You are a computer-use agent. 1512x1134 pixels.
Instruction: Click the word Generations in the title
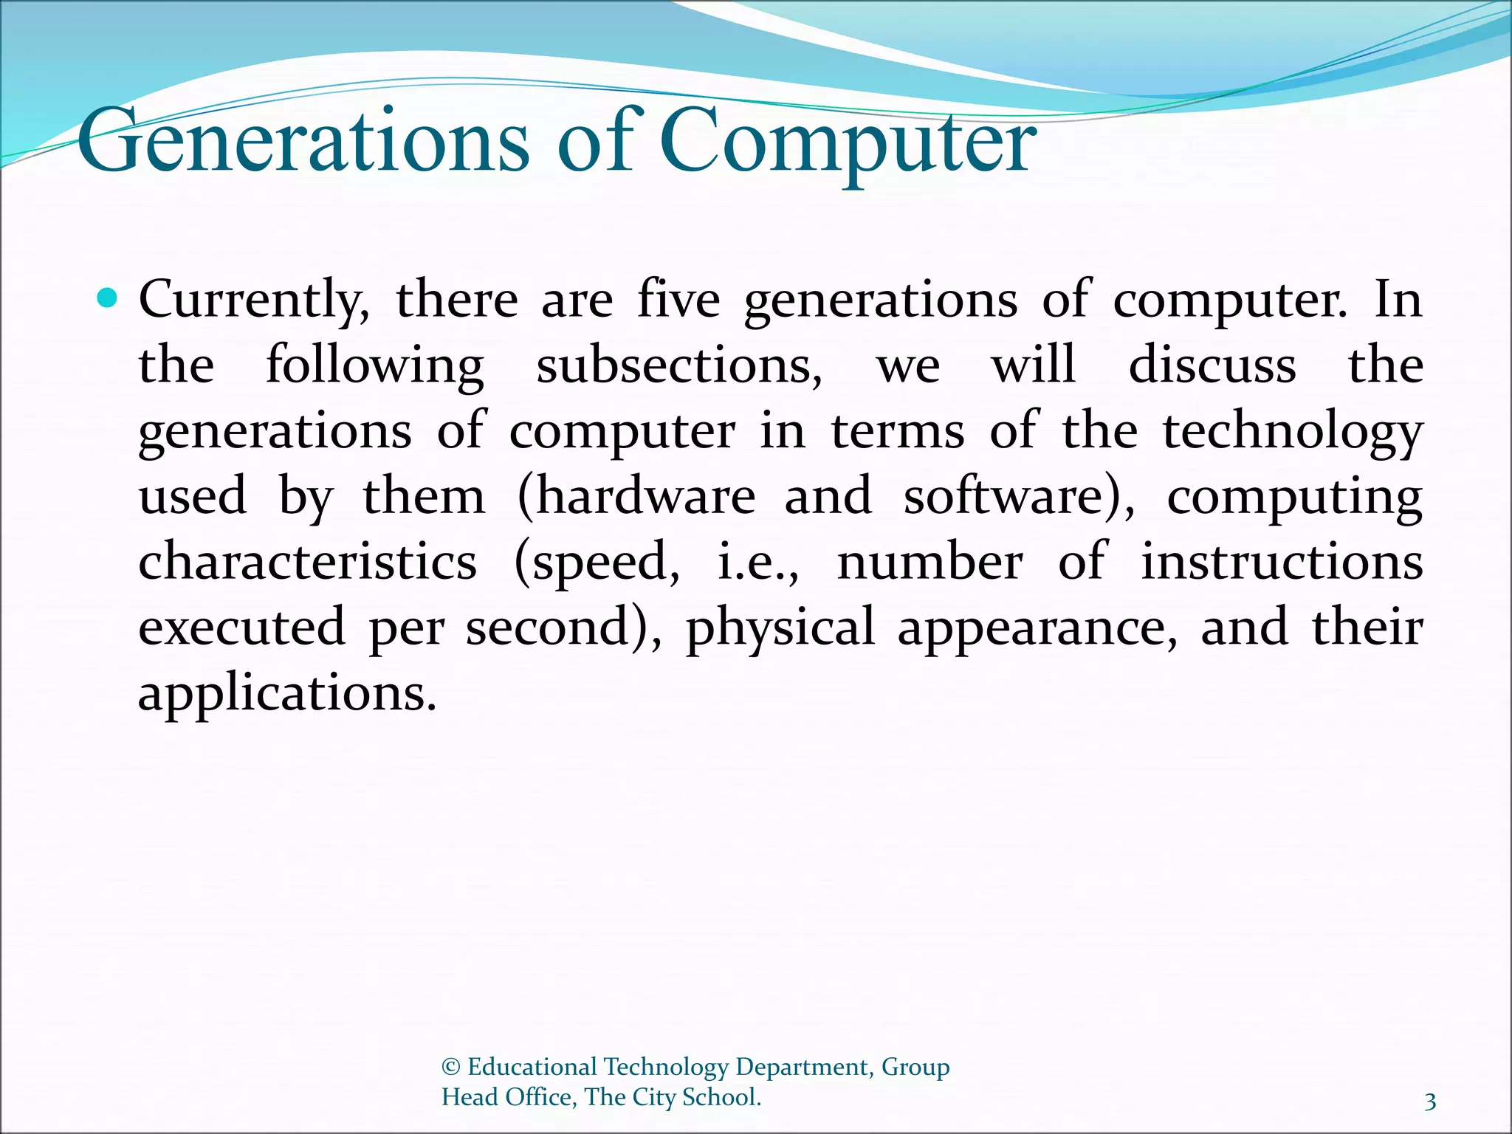(x=303, y=140)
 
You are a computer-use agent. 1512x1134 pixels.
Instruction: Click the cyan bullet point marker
(x=108, y=299)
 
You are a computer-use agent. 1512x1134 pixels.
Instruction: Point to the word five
(x=678, y=299)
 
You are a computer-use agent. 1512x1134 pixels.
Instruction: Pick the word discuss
(x=1212, y=365)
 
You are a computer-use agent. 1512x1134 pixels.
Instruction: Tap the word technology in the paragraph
(x=1292, y=432)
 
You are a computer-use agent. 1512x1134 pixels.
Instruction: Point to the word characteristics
(x=308, y=561)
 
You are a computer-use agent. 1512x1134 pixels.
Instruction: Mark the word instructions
(x=1282, y=561)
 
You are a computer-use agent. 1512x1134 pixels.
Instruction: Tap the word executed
(x=242, y=627)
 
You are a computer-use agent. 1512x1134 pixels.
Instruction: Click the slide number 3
(x=1430, y=1102)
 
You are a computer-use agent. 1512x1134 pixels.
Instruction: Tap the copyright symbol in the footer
(x=451, y=1067)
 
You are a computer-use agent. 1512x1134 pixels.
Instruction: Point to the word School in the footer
(x=721, y=1097)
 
